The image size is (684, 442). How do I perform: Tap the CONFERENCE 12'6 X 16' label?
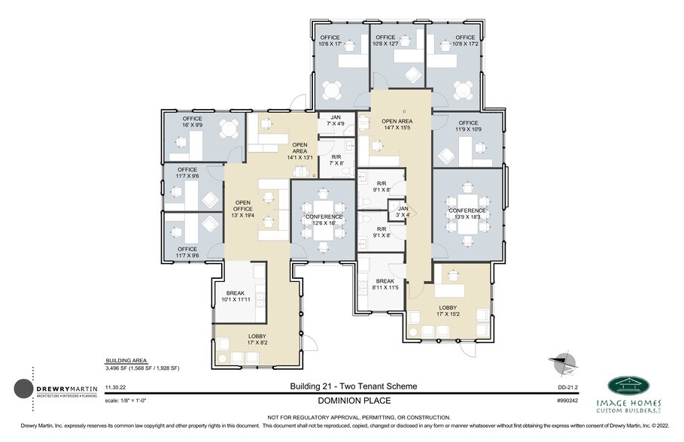coord(323,220)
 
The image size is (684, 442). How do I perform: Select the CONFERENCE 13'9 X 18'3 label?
coord(469,213)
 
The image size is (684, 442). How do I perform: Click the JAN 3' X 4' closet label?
coord(403,211)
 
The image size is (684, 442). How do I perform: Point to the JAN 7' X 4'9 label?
coord(335,120)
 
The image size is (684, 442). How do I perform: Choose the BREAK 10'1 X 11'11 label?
coord(235,297)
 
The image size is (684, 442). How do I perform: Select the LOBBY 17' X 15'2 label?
coord(447,311)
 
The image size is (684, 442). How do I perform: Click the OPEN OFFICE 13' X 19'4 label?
coord(242,208)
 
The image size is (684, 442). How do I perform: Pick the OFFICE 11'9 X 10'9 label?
coord(468,126)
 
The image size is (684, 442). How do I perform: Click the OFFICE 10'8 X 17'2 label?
coord(464,41)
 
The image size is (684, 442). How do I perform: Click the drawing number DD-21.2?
coord(567,387)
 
